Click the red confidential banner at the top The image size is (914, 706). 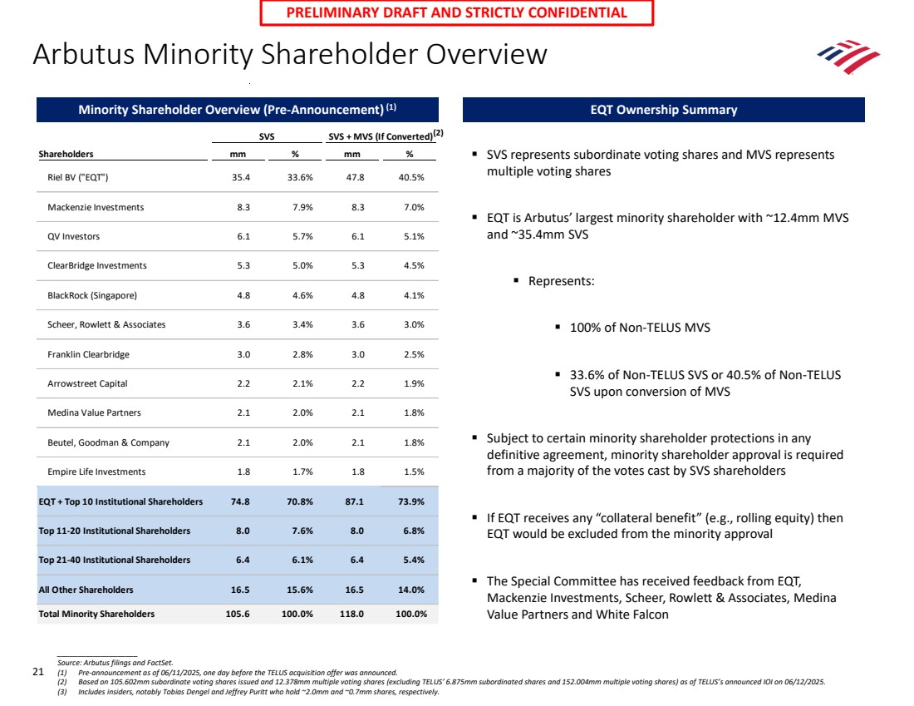[457, 12]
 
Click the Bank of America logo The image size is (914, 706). [848, 57]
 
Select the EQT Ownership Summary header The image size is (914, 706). [662, 110]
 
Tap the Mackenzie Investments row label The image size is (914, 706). [96, 207]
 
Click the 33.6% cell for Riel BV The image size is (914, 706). [295, 177]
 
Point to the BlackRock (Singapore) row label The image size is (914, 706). [92, 295]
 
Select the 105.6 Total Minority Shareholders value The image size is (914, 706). [238, 615]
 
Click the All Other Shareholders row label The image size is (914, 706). [86, 590]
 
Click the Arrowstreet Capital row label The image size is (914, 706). [87, 383]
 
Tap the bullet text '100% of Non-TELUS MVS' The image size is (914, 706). [640, 328]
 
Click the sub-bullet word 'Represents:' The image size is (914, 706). [561, 281]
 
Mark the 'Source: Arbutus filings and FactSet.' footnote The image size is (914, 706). [115, 662]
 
